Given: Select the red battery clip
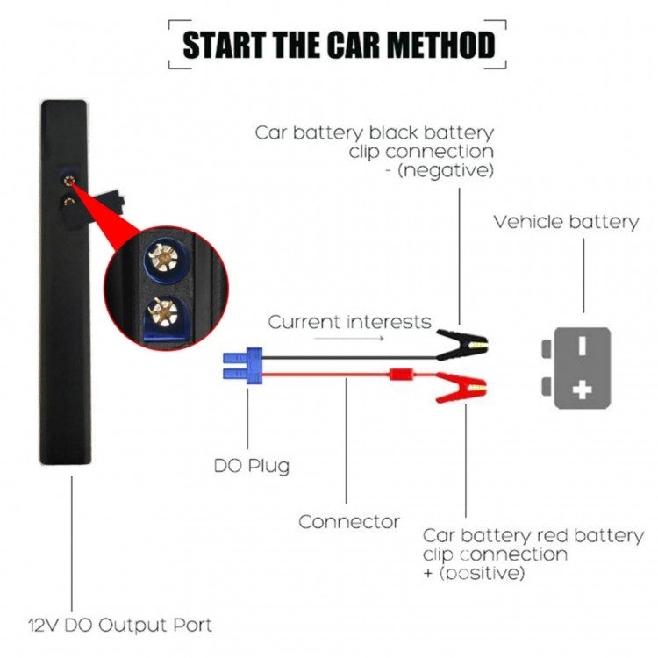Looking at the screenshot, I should (460, 386).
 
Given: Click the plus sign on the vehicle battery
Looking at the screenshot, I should (582, 390).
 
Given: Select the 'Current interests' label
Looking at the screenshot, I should (349, 322).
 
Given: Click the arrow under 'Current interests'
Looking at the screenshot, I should (337, 337).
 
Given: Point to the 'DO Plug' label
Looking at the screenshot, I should (251, 464).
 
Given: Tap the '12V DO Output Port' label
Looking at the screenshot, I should (119, 626).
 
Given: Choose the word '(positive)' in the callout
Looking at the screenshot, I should (484, 575).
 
